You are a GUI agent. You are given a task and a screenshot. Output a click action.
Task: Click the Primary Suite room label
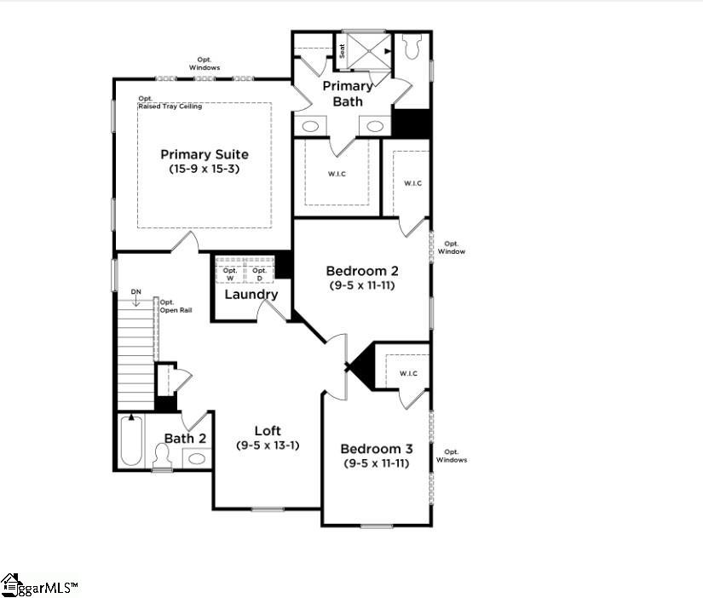click(205, 154)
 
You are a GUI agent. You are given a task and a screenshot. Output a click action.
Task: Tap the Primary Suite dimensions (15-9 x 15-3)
click(205, 169)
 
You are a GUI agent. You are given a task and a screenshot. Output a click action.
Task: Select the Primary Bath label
click(348, 94)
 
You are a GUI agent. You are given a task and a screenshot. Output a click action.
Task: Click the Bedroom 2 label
click(362, 271)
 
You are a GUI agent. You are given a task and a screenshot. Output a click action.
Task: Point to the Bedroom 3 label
click(376, 449)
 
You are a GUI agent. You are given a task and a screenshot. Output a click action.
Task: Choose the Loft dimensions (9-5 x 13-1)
click(268, 446)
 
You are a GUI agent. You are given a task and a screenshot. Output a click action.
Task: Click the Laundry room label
click(251, 295)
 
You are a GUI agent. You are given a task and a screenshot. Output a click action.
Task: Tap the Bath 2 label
click(185, 438)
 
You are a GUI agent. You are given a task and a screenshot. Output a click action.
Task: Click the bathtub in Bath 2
click(130, 440)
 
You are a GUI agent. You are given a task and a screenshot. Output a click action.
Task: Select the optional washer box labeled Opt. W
click(230, 273)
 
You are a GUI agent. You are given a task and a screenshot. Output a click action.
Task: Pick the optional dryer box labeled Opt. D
click(259, 273)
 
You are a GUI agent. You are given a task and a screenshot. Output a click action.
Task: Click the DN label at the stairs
click(135, 292)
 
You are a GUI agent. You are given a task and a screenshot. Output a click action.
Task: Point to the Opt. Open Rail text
click(176, 306)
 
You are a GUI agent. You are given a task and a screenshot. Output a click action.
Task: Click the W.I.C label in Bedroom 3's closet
click(407, 373)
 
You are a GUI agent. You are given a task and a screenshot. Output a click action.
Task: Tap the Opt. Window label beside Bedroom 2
click(452, 247)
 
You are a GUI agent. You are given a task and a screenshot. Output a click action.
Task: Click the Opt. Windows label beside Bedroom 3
click(452, 456)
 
